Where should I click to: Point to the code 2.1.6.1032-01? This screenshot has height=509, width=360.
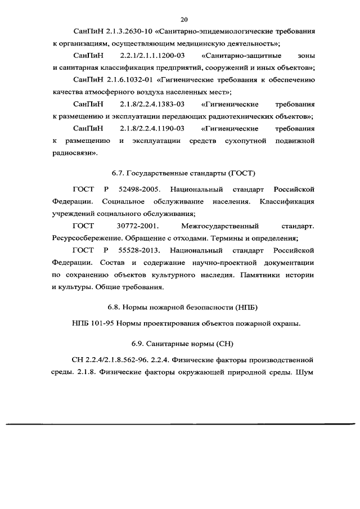(130, 80)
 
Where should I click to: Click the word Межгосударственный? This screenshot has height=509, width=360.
(220, 226)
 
